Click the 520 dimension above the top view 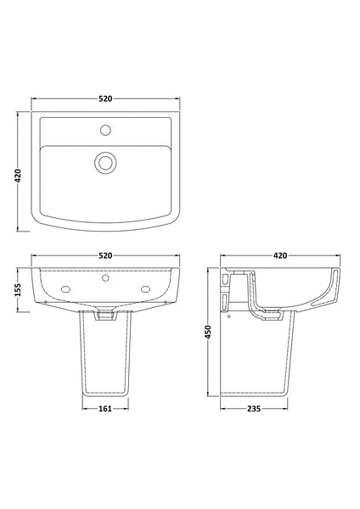click(x=105, y=98)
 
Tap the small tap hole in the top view click(x=105, y=131)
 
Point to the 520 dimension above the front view click(x=105, y=255)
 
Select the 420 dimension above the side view click(x=279, y=255)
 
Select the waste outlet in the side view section click(x=273, y=315)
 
